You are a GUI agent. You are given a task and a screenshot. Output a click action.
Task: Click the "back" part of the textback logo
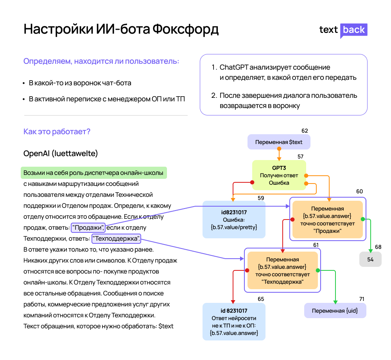[x=353, y=30]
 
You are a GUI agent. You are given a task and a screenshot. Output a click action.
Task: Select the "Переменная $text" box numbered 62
[x=279, y=142]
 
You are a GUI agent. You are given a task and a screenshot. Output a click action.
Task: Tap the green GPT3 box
[x=279, y=175]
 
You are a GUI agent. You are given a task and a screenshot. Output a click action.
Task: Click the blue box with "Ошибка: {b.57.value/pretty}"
[x=234, y=220]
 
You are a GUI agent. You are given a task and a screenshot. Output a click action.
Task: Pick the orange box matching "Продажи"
[x=327, y=220]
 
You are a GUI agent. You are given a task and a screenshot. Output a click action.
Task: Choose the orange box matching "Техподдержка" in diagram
[x=283, y=270]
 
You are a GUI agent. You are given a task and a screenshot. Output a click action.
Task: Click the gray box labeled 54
[x=370, y=259]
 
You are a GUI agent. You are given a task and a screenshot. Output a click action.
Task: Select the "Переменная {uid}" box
[x=335, y=311]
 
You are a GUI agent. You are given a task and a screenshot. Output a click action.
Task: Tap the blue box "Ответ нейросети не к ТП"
[x=234, y=322]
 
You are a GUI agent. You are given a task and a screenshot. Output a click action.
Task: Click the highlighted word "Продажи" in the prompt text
[x=88, y=227]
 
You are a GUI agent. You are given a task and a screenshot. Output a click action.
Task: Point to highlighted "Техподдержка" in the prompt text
[x=116, y=239]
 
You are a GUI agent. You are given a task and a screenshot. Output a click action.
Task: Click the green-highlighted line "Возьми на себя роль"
[x=93, y=173]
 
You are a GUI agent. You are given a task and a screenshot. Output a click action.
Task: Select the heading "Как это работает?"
[x=57, y=131]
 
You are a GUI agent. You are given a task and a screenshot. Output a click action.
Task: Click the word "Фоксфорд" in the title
[x=185, y=29]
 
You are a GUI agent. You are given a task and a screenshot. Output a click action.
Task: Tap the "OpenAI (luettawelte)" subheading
[x=61, y=153]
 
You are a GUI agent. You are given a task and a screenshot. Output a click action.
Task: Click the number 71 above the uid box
[x=362, y=299]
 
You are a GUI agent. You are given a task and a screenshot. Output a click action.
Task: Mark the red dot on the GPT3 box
[x=252, y=182]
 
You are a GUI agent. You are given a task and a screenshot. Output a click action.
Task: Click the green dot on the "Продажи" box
[x=363, y=219]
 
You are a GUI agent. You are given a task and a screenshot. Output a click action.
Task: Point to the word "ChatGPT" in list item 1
[x=234, y=67]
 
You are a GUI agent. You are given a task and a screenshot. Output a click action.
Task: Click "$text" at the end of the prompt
[x=166, y=326]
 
